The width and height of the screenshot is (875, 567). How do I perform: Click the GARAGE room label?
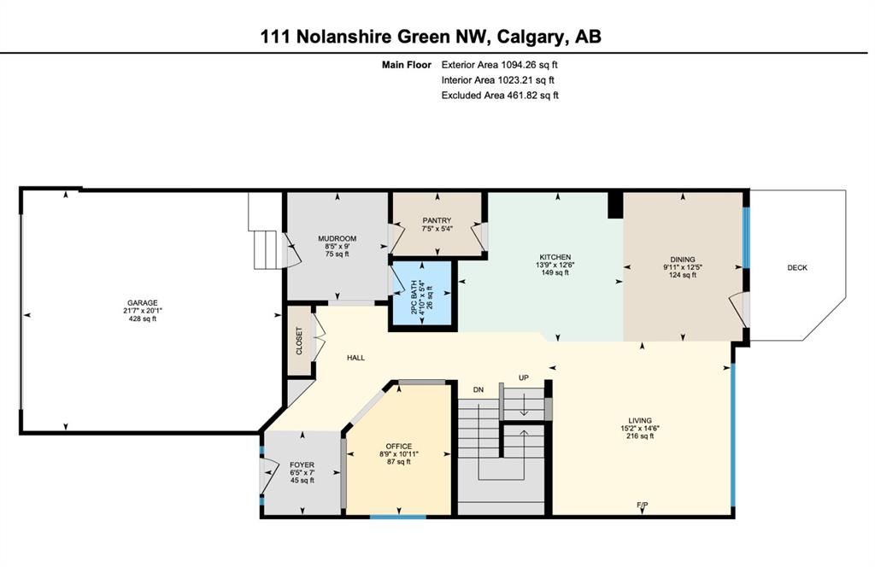143,303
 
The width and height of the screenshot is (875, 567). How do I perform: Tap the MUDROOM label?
337,238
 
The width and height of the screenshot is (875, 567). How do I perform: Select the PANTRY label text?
437,221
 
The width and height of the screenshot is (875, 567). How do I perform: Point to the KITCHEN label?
555,257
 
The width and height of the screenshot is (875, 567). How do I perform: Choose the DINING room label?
683,260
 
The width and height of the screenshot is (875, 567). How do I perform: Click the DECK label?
797,267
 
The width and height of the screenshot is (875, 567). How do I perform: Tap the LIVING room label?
640,420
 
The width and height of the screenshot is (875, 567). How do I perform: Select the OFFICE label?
399,446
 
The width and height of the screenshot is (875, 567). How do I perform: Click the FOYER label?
302,465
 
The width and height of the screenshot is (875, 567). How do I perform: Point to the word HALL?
355,358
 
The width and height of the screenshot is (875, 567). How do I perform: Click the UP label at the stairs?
524,378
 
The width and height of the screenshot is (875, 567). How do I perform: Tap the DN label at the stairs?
479,390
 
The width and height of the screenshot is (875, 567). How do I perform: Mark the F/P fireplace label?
643,506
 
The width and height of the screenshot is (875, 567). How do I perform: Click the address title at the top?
431,37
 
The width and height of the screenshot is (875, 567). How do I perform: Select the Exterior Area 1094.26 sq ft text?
499,65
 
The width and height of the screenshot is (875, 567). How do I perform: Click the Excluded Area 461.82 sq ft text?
500,96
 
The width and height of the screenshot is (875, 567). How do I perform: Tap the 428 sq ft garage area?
143,319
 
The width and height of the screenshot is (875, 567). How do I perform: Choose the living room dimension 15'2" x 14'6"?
640,428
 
